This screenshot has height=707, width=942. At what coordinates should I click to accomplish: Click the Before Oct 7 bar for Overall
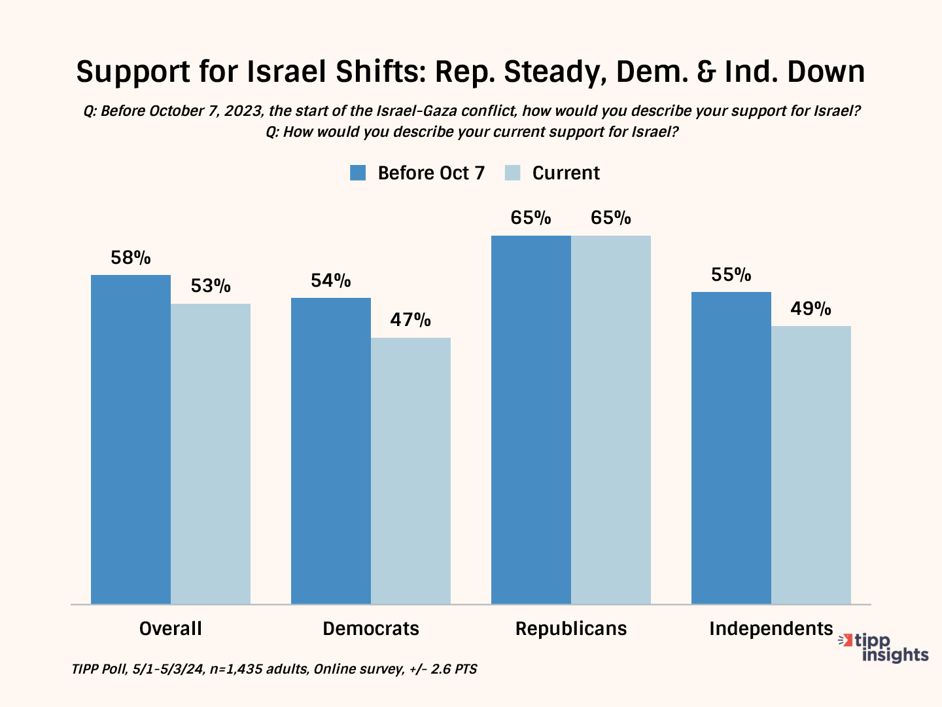pyautogui.click(x=131, y=439)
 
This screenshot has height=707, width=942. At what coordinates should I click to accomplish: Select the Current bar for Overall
pyautogui.click(x=211, y=453)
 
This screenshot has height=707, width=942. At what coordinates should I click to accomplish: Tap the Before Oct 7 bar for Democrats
pyautogui.click(x=331, y=450)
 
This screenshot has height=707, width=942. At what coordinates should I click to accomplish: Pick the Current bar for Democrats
pyautogui.click(x=411, y=470)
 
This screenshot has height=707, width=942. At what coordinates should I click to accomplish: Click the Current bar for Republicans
pyautogui.click(x=611, y=419)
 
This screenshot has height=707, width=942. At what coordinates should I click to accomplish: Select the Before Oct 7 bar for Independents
pyautogui.click(x=731, y=448)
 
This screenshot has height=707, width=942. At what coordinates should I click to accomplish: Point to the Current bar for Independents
pyautogui.click(x=811, y=465)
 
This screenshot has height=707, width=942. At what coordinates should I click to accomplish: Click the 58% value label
pyautogui.click(x=131, y=258)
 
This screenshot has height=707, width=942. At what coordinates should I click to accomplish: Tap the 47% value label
pyautogui.click(x=411, y=320)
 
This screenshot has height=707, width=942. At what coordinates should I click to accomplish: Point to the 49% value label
pyautogui.click(x=811, y=308)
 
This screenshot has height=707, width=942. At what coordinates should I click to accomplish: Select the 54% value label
pyautogui.click(x=331, y=281)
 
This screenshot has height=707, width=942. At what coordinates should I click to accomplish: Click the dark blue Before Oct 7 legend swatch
pyautogui.click(x=358, y=173)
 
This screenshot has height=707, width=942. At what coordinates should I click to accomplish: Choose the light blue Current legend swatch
pyautogui.click(x=513, y=173)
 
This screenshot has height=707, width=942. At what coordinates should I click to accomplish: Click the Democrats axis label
pyautogui.click(x=371, y=628)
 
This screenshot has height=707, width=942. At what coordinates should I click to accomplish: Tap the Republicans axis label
pyautogui.click(x=571, y=628)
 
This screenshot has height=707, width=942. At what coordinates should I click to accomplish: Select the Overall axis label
pyautogui.click(x=171, y=628)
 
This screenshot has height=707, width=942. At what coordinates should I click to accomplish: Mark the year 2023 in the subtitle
pyautogui.click(x=243, y=111)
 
